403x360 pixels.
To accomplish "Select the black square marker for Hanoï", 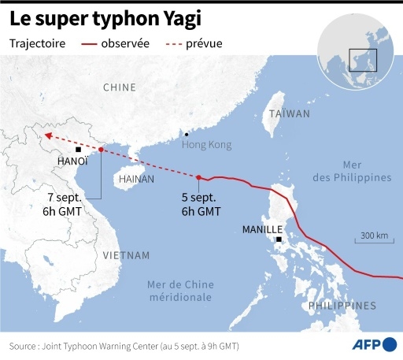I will click(78, 149).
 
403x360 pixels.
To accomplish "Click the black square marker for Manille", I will click(279, 239).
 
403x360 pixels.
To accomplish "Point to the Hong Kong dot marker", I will click(186, 135).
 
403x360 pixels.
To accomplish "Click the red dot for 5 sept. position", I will click(198, 177).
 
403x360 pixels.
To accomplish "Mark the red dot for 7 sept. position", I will click(101, 149).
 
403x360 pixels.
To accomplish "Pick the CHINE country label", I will click(119, 87).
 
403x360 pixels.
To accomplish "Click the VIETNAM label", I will click(125, 255).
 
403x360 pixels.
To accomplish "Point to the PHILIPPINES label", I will click(342, 305).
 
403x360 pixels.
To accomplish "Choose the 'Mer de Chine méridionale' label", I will click(180, 291).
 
